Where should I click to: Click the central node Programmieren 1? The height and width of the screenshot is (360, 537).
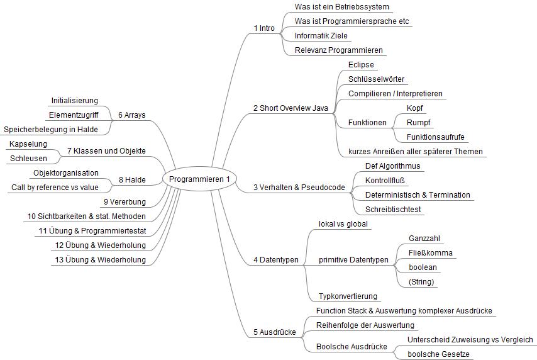tap(199, 179)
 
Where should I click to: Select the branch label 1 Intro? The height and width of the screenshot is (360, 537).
tap(264, 28)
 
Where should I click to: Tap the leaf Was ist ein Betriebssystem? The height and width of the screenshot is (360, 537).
tap(342, 7)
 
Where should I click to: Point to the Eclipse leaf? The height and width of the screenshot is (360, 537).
tap(361, 65)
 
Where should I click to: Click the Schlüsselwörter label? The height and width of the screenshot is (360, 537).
tap(376, 79)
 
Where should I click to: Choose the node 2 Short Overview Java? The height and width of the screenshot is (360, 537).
tap(291, 108)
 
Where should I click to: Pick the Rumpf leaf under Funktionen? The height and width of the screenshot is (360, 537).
tap(418, 122)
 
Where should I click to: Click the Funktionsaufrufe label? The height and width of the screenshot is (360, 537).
tap(435, 137)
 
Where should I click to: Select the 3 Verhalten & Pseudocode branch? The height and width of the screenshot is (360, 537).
tap(299, 187)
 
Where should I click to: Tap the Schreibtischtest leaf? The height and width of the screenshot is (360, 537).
tap(393, 210)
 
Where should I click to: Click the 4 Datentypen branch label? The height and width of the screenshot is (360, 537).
tap(275, 260)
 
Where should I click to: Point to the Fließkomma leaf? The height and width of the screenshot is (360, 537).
tap(430, 253)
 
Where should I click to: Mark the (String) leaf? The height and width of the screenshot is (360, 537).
tap(421, 282)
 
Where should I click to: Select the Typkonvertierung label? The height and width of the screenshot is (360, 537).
tap(348, 296)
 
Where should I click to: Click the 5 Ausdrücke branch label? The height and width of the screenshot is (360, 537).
tap(274, 332)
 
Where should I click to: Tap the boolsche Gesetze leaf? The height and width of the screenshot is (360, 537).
tap(438, 354)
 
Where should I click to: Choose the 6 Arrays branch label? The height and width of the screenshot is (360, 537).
tap(132, 115)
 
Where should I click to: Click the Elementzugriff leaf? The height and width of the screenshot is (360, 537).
tap(74, 115)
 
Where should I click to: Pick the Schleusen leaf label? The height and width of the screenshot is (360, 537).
tap(28, 159)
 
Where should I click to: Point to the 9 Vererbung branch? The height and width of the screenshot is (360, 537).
tap(125, 202)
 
